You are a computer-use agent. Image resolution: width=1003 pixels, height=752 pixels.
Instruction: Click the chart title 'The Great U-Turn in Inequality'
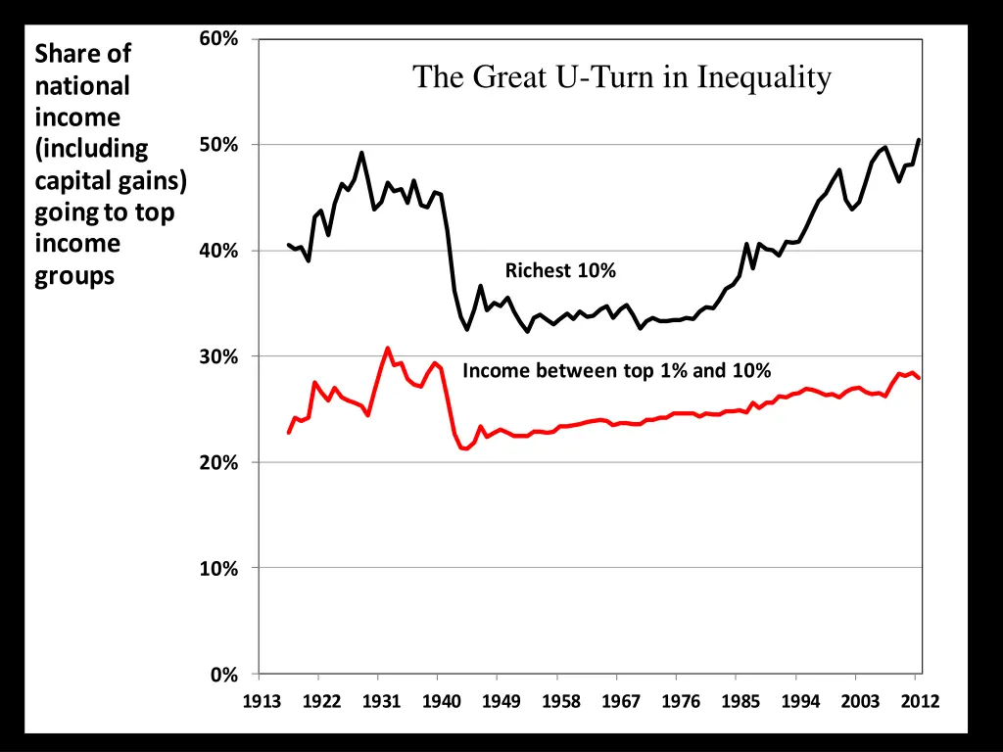pos(622,76)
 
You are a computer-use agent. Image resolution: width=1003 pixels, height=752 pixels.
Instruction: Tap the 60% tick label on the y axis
pos(218,39)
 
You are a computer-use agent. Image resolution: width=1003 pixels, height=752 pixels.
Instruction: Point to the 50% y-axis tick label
pos(218,145)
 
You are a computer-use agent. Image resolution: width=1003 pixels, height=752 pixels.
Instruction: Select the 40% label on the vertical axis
pos(218,251)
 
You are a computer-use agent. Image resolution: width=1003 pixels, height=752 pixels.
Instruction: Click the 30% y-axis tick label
pos(218,356)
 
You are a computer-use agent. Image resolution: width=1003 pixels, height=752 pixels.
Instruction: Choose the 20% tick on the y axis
pos(218,462)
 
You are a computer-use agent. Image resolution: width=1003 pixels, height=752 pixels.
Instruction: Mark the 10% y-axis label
pos(218,568)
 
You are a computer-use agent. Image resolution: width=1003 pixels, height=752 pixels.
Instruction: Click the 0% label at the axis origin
pos(223,675)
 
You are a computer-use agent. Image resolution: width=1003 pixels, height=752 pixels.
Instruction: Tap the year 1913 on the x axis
pos(262,701)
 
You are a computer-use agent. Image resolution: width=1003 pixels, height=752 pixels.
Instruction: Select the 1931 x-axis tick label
pos(381,701)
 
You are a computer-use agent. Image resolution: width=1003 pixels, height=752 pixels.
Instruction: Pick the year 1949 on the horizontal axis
pos(501,701)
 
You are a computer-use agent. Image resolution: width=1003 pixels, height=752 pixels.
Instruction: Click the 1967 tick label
pos(620,701)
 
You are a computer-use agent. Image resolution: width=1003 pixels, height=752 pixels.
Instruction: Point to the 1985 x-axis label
pos(740,701)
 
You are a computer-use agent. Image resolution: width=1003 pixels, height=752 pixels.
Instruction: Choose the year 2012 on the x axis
pos(920,701)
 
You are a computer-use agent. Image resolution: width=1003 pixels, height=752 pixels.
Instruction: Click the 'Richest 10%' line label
pos(560,270)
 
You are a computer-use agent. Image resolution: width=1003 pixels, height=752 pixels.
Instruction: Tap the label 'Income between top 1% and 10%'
pos(616,370)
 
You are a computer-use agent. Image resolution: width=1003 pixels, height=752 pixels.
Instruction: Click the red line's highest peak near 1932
pos(388,348)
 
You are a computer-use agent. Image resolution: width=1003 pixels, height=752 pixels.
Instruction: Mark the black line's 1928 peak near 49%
pos(361,153)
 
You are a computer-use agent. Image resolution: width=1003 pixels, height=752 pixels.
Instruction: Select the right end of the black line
pos(919,140)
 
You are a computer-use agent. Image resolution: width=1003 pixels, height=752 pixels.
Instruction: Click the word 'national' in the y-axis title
pos(82,86)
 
